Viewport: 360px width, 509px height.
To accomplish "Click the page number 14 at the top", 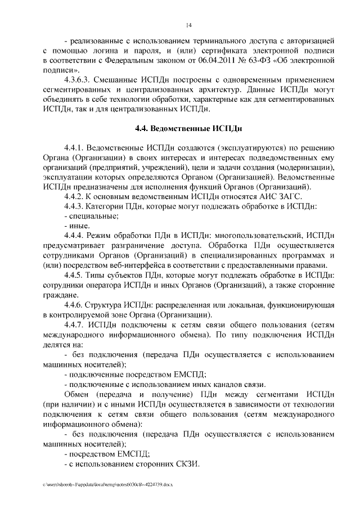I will pos(189,25).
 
